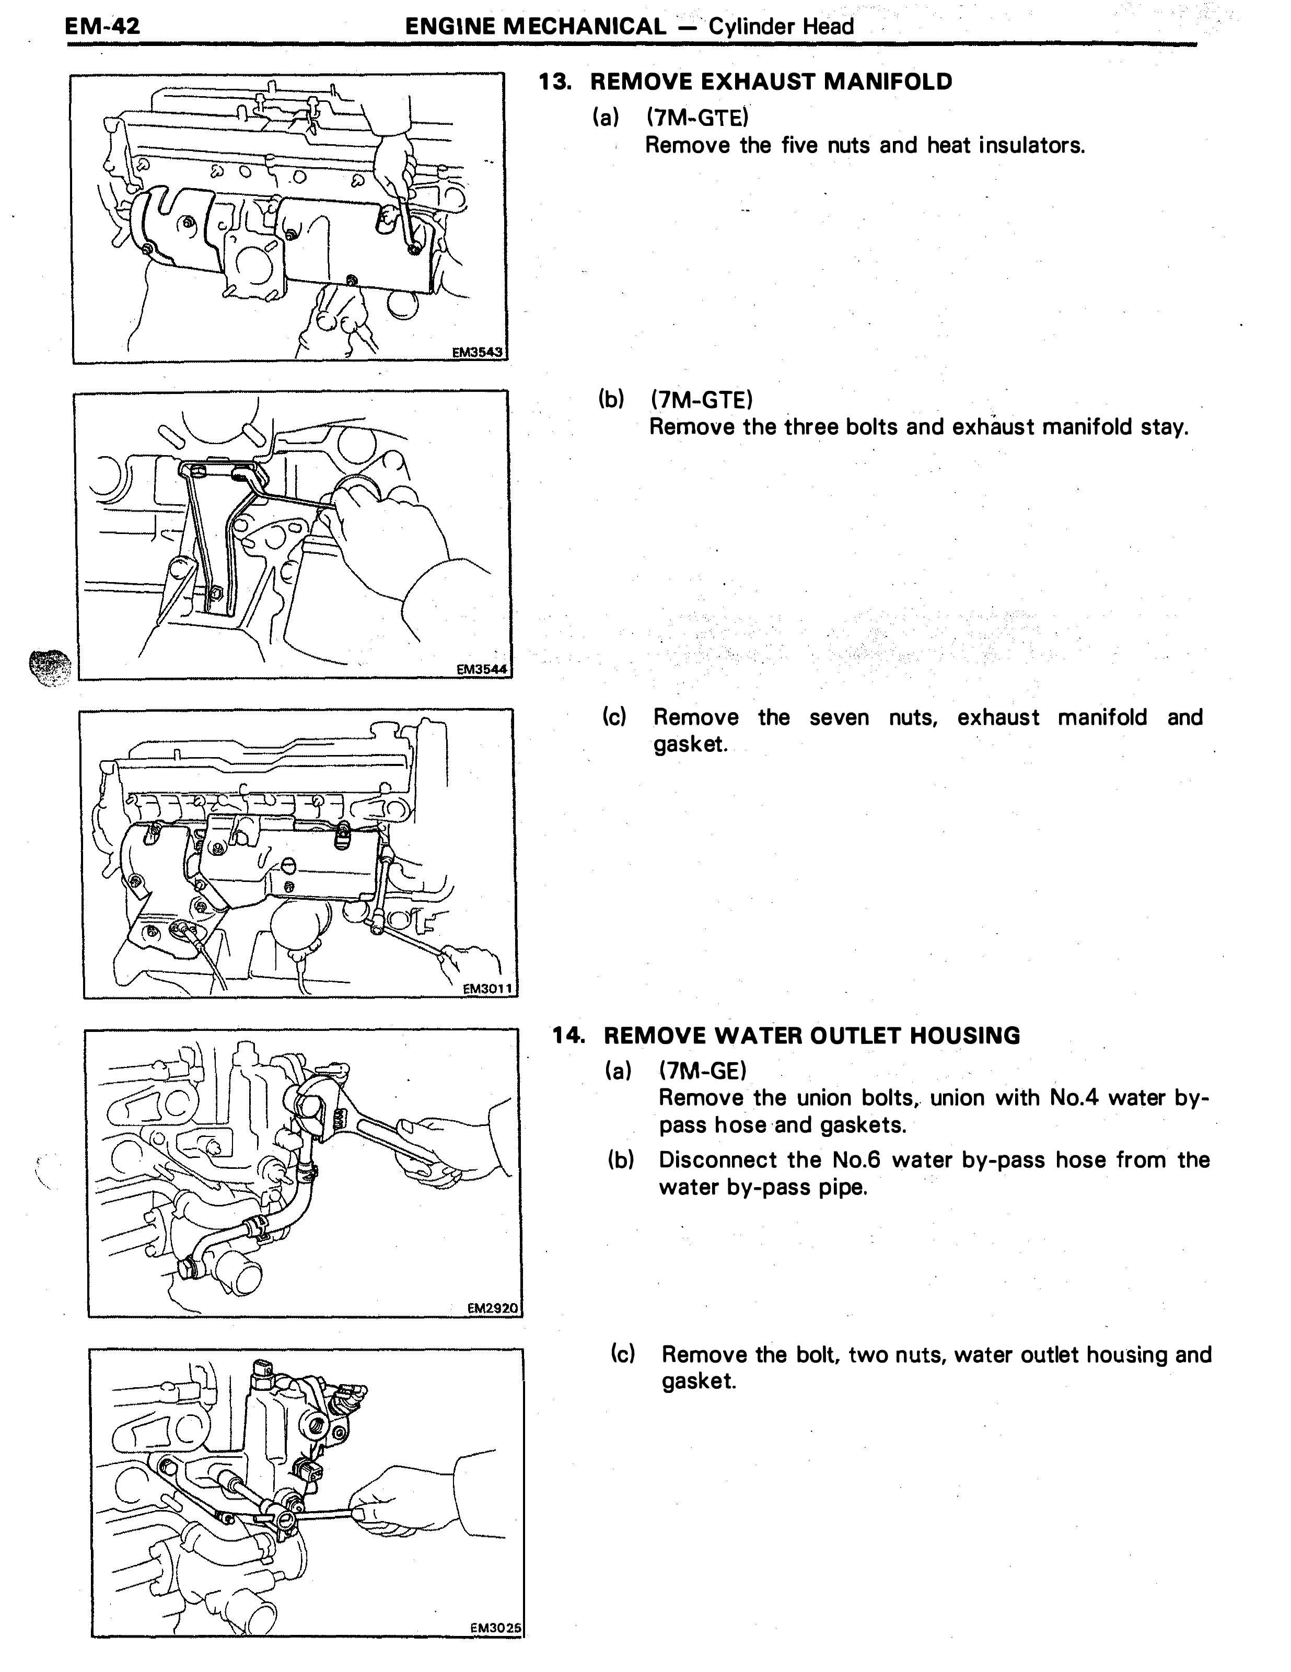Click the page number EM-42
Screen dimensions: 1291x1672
click(x=102, y=27)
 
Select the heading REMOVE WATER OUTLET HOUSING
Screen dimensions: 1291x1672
click(x=812, y=1036)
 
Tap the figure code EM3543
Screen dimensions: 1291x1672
click(x=477, y=352)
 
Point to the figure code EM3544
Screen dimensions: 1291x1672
click(x=482, y=669)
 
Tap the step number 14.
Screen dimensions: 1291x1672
click(x=569, y=1036)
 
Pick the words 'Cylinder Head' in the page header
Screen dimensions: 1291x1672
click(x=781, y=27)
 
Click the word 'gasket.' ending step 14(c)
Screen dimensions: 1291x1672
click(x=699, y=1382)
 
